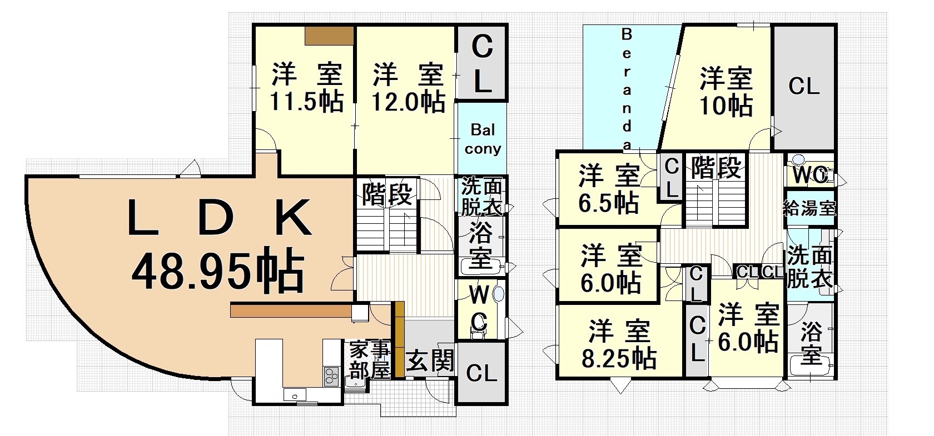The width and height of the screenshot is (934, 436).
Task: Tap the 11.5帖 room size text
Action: click(x=307, y=101)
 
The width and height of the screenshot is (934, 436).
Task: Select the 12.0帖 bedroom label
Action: click(x=409, y=102)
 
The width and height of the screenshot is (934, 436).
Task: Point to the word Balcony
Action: click(x=483, y=139)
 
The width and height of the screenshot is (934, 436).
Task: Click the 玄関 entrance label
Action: click(x=430, y=360)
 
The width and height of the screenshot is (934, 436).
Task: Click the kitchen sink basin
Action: click(x=295, y=395)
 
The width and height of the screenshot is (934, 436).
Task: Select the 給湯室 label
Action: click(x=809, y=208)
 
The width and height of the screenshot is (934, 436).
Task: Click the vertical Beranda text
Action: click(x=627, y=88)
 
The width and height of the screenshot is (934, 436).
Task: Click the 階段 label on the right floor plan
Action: click(x=716, y=167)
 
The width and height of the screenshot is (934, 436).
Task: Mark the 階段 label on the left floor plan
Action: click(x=387, y=194)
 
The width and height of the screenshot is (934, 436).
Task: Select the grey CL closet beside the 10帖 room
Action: click(x=804, y=87)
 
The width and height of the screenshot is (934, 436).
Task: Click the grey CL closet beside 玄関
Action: click(x=481, y=373)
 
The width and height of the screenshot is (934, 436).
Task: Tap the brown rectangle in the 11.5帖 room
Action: click(x=329, y=36)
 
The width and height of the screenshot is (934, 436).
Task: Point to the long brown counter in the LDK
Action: click(x=291, y=310)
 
